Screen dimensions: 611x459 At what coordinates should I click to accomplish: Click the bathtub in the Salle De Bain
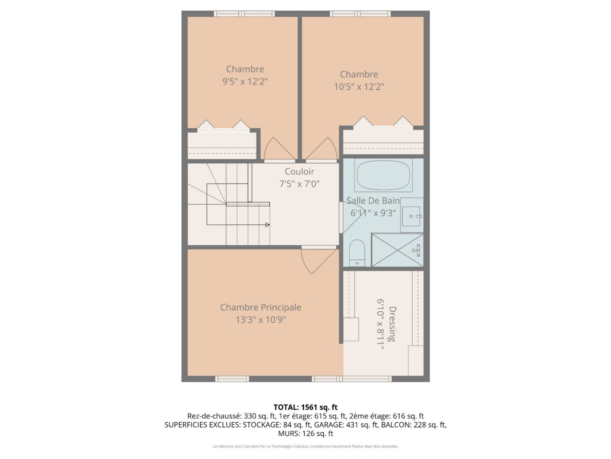pyautogui.click(x=383, y=176)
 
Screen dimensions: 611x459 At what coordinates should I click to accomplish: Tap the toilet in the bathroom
pyautogui.click(x=357, y=253)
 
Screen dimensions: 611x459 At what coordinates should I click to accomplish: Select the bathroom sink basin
pyautogui.click(x=411, y=216)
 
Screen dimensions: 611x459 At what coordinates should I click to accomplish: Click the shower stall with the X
pyautogui.click(x=397, y=250)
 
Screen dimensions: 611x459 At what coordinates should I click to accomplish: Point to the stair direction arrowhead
pyautogui.click(x=267, y=225)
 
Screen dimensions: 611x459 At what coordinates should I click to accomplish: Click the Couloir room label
pyautogui.click(x=299, y=171)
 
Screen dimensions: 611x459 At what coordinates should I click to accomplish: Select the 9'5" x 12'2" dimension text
pyautogui.click(x=245, y=82)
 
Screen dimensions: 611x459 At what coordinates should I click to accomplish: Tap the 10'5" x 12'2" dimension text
pyautogui.click(x=359, y=87)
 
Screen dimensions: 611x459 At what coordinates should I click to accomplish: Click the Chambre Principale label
pyautogui.click(x=260, y=307)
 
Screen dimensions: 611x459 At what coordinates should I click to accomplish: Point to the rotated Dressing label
pyautogui.click(x=392, y=324)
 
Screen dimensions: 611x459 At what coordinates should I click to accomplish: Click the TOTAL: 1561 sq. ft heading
pyautogui.click(x=305, y=407)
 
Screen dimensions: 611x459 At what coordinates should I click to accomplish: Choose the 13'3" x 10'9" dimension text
pyautogui.click(x=261, y=320)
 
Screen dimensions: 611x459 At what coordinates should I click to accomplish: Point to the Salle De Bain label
pyautogui.click(x=373, y=200)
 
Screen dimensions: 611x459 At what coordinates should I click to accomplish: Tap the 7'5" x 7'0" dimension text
pyautogui.click(x=299, y=184)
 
